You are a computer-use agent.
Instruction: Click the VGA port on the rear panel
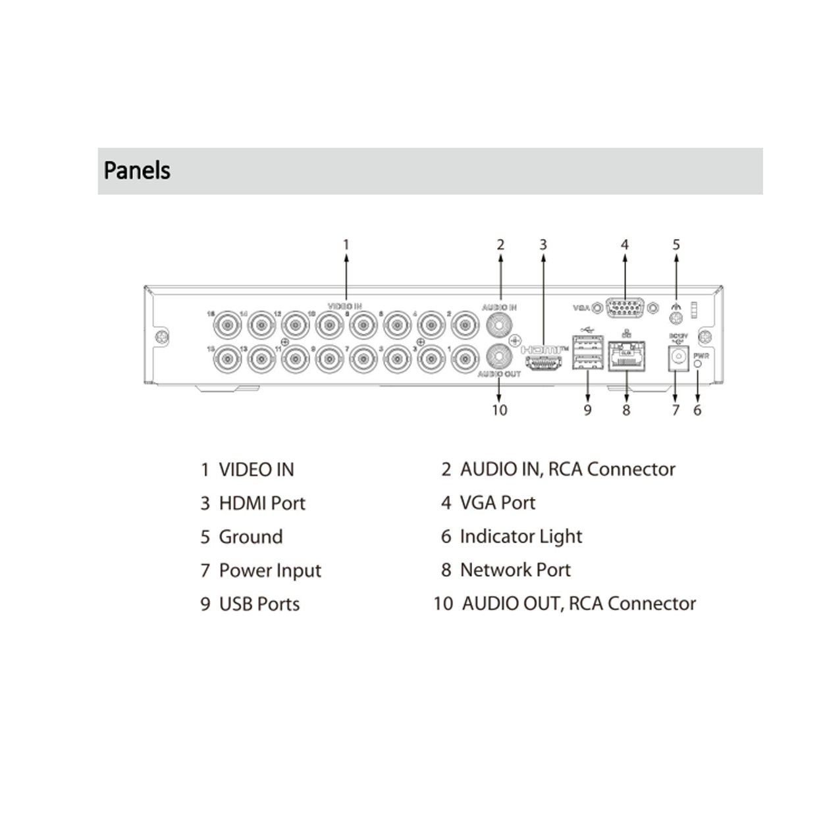[624, 307]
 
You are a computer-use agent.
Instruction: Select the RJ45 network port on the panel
[625, 357]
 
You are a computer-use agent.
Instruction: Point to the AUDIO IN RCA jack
[499, 324]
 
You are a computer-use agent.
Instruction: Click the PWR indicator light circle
[698, 363]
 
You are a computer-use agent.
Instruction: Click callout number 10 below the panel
[499, 410]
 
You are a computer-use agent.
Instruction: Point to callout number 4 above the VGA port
[624, 245]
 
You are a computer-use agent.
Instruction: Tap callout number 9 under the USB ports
[587, 410]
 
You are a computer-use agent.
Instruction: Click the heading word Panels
[137, 171]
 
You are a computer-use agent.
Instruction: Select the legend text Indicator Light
[521, 537]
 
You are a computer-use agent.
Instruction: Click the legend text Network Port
[515, 570]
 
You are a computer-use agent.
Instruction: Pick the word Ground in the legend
[251, 537]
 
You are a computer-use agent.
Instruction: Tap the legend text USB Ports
[259, 604]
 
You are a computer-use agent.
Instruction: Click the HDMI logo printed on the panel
[544, 350]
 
